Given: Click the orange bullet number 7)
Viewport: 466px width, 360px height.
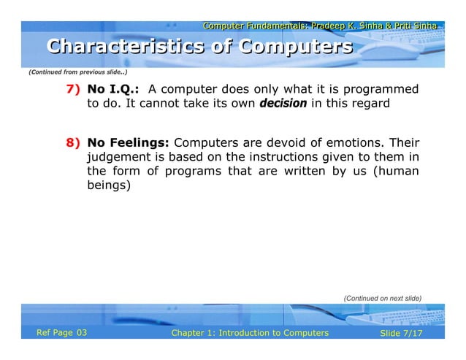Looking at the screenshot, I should click(73, 90).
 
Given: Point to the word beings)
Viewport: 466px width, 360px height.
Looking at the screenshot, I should click(108, 185).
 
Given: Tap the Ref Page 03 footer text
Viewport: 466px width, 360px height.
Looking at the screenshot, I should click(62, 333).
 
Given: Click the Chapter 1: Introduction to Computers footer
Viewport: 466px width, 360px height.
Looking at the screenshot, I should click(250, 333).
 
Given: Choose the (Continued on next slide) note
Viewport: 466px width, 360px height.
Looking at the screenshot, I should click(382, 298).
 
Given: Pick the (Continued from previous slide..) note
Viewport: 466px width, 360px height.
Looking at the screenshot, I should click(77, 72).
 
